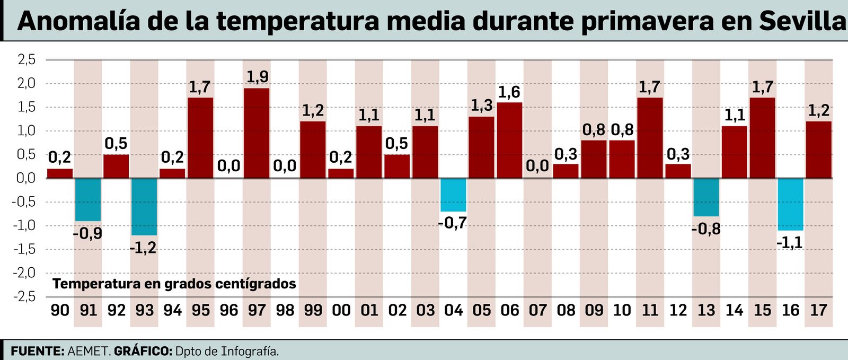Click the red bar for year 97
point(257,133)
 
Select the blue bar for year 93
point(144,207)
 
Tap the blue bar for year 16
point(790,204)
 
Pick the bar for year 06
point(509,140)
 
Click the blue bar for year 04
point(453,195)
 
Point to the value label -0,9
point(87,233)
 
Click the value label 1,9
point(258,77)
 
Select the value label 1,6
point(509,92)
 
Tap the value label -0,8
point(706,229)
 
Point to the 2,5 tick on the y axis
point(26,59)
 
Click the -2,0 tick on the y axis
point(24,273)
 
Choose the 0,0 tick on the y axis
point(26,178)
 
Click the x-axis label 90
point(60,310)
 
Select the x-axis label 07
point(537,310)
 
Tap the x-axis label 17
point(818,310)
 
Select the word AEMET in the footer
point(89,351)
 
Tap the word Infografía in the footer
point(250,351)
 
